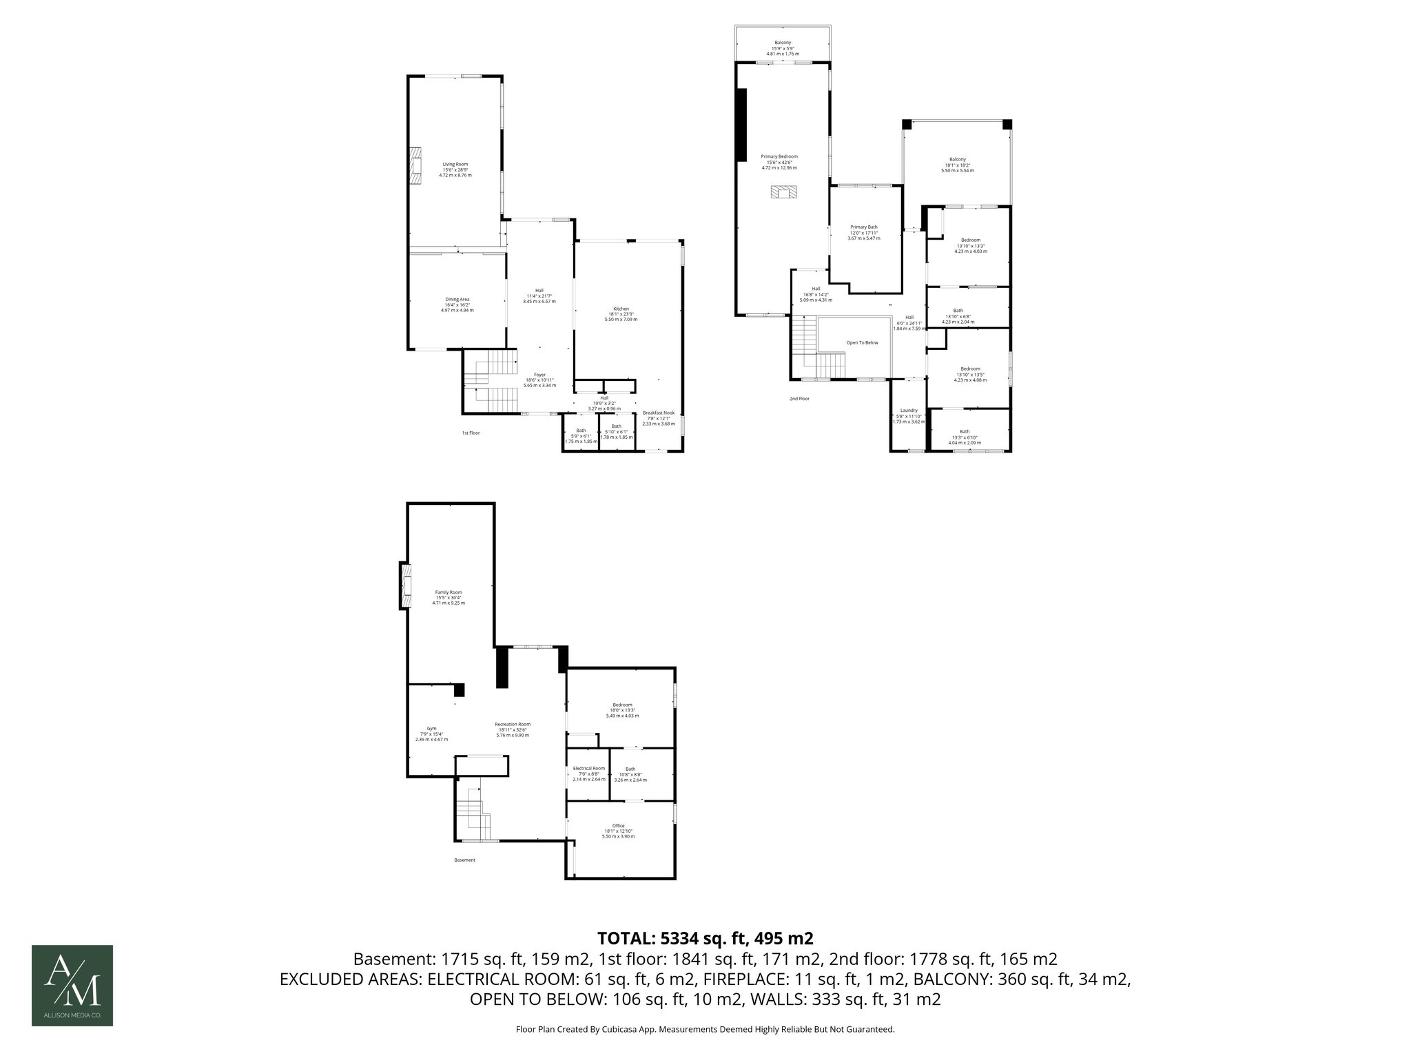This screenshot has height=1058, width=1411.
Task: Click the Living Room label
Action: pos(455,165)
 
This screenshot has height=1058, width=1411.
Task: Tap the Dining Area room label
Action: pos(457,300)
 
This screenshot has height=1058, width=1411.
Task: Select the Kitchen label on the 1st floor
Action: pos(621,309)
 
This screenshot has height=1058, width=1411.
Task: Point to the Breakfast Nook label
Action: pos(656,413)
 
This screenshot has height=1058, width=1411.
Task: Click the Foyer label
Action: pos(539,375)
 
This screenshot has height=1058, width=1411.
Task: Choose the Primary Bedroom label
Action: pos(779,157)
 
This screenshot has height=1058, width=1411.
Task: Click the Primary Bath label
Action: pos(863,227)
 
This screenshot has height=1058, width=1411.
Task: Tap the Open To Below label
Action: pos(862,342)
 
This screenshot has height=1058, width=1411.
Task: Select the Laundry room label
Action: pos(908,411)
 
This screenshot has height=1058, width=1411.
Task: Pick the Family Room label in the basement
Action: pos(448,592)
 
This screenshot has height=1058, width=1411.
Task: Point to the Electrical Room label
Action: pos(588,769)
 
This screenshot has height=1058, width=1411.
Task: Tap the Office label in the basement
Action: pos(618,826)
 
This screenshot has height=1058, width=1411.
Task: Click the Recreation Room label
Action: pos(512,725)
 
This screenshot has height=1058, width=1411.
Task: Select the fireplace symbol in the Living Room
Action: pos(415,166)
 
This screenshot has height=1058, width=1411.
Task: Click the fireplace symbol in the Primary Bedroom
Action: pos(783,192)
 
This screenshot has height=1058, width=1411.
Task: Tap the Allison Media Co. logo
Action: pos(72,985)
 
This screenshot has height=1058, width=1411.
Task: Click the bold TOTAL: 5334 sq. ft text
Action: pos(705,938)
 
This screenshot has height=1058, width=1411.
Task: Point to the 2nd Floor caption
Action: pos(799,399)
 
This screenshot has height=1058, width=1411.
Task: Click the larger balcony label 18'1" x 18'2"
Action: pos(957,165)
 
